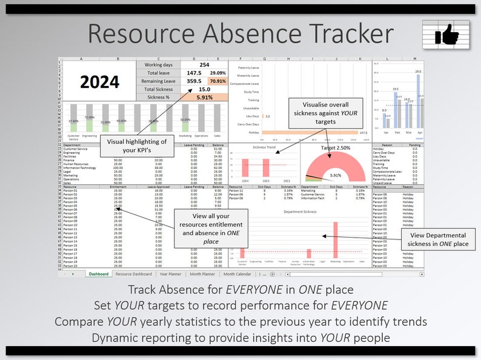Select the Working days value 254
coord(204,65)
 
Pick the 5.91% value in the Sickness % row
coord(204,97)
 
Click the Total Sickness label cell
coord(158,89)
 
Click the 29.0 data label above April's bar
coord(418,72)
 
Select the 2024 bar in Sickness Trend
coord(246,170)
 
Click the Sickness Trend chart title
coord(265,147)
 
